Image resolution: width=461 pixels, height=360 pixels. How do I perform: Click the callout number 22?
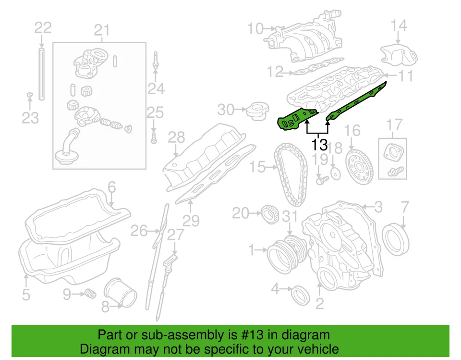tap(42, 27)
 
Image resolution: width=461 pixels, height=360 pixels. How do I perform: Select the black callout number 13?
tap(319, 144)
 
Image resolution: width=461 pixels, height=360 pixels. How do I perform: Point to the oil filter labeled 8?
tap(121, 293)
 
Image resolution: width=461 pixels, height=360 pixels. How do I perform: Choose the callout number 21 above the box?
tap(101, 31)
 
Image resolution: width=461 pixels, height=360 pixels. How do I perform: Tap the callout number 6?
tap(111, 187)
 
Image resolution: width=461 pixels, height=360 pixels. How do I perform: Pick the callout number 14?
tap(399, 25)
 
